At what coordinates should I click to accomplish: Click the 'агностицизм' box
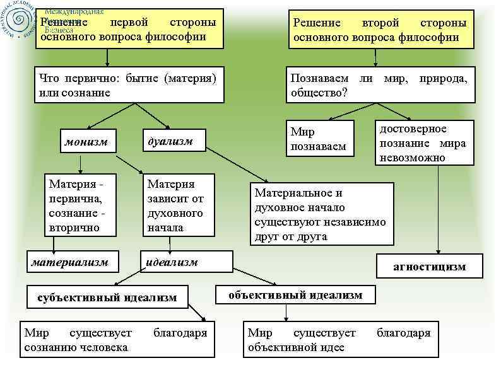click(x=429, y=266)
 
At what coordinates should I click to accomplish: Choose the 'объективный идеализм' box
click(x=295, y=294)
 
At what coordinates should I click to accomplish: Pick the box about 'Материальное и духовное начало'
click(x=321, y=214)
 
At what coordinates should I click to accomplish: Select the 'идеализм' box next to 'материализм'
click(x=187, y=262)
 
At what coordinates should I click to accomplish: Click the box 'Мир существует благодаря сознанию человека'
click(x=115, y=340)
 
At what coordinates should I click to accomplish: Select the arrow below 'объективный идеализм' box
click(x=287, y=312)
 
